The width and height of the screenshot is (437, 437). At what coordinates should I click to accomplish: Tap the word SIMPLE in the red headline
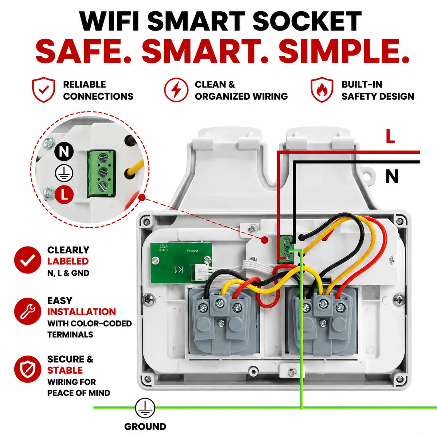click(x=343, y=52)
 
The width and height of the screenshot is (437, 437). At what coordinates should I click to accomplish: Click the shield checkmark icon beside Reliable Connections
click(x=44, y=90)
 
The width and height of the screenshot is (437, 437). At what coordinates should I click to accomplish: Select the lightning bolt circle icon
click(x=176, y=90)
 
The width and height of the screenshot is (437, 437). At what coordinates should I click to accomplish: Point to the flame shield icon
click(x=322, y=90)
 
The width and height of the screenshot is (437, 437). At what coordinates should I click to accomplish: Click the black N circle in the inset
click(x=64, y=151)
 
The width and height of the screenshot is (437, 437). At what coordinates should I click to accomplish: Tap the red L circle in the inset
click(x=64, y=194)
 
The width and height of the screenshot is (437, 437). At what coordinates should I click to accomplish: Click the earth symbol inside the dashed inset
click(x=64, y=173)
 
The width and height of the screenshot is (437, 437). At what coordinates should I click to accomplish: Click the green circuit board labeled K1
click(x=181, y=263)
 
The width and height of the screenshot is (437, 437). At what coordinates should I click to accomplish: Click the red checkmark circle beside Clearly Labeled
click(x=28, y=260)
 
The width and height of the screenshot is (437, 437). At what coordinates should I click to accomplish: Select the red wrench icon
click(x=28, y=311)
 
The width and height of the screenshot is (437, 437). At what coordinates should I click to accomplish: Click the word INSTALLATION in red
click(x=82, y=312)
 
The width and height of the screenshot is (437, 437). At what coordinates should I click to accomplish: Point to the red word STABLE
click(x=65, y=370)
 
